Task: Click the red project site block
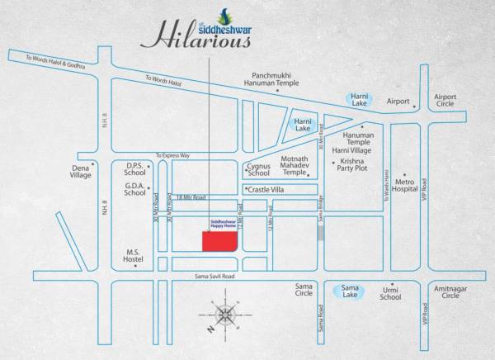(219, 239)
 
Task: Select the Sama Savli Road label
(216, 277)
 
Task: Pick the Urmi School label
(390, 292)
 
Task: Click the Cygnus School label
(258, 169)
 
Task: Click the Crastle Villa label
(265, 189)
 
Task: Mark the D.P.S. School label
(135, 168)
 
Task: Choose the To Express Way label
(172, 155)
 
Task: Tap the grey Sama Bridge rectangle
(321, 232)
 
